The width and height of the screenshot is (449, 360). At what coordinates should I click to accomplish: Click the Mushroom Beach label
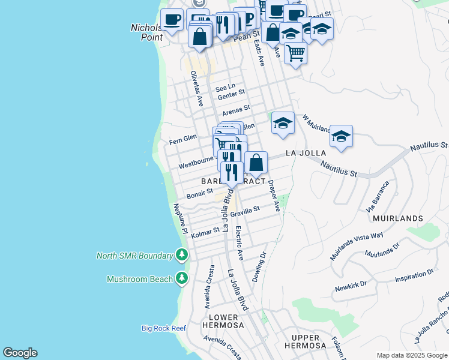tap(139, 279)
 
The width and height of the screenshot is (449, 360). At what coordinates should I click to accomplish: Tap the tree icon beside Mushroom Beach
tap(182, 278)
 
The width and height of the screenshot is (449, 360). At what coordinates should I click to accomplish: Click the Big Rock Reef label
tap(164, 328)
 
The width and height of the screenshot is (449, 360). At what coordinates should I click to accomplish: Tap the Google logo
tap(20, 353)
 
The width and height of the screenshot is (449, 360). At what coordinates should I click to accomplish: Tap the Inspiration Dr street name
tap(414, 273)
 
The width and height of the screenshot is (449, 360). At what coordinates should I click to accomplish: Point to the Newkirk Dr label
tap(351, 285)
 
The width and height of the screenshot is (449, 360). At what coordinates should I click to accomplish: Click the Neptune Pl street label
tap(181, 219)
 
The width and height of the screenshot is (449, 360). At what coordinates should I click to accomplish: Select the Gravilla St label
tap(244, 211)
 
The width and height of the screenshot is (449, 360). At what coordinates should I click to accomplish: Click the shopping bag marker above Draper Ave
tap(256, 163)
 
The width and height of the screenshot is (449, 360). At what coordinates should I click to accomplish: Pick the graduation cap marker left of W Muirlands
tap(283, 124)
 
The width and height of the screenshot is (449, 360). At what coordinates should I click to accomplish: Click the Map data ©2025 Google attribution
tap(412, 355)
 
